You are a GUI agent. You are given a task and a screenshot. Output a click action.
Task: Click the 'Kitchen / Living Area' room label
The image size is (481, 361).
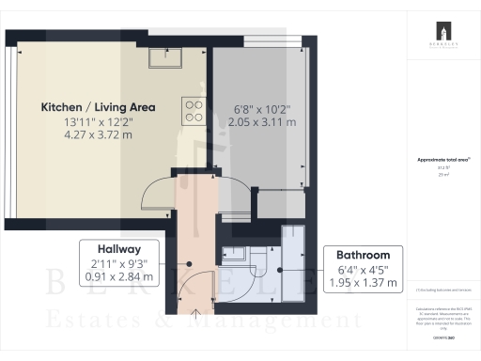coord(98,107)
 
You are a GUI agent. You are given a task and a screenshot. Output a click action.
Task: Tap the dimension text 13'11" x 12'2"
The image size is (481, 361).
coord(98,123)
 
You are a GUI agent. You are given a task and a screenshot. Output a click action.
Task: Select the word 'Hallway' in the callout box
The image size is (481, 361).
coord(118,248)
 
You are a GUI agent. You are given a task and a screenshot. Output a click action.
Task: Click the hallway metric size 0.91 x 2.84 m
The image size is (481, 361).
coord(118,277)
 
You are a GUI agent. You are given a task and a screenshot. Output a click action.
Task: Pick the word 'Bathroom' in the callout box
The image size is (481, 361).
coord(362,254)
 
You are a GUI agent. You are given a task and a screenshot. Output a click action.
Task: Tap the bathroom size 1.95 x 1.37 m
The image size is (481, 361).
coord(362,282)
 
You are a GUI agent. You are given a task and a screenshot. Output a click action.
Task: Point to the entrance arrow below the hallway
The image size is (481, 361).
coord(195,313)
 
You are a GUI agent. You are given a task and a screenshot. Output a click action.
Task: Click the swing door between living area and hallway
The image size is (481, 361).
coord(155,193)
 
